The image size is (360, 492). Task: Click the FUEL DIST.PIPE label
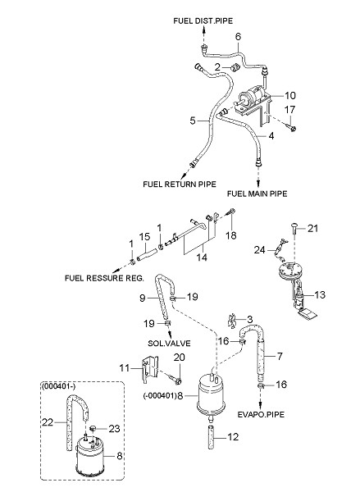[203, 21]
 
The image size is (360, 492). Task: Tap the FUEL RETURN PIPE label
[180, 184]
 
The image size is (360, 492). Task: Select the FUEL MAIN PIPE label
[257, 194]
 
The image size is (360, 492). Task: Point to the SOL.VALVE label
[169, 344]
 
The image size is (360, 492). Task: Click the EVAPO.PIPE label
[261, 414]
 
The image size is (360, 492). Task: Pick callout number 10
[290, 95]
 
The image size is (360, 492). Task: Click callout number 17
[289, 110]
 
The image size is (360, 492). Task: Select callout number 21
[312, 229]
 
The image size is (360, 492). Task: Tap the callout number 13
[320, 294]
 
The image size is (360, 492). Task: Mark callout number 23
[114, 429]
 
